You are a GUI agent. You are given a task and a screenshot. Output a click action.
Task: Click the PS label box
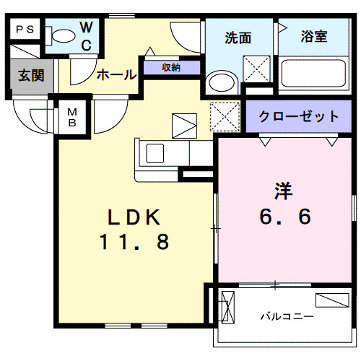point(25,30)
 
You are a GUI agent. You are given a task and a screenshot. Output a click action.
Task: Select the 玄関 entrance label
point(30,75)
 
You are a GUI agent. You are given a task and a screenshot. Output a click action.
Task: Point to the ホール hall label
point(116,74)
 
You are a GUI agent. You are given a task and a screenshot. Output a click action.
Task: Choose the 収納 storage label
point(171,68)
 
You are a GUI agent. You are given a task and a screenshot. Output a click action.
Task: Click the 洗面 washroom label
point(238,38)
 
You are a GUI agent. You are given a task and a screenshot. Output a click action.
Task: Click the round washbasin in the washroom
point(216,83)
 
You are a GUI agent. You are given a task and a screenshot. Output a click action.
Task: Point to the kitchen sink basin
point(156,153)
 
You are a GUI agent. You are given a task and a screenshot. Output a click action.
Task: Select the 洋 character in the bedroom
point(282,192)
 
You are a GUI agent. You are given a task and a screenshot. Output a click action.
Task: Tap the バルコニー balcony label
point(287,316)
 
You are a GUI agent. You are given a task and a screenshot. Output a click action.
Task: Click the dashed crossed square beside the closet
point(225,116)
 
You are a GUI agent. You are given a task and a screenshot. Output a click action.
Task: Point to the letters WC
point(85,36)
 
